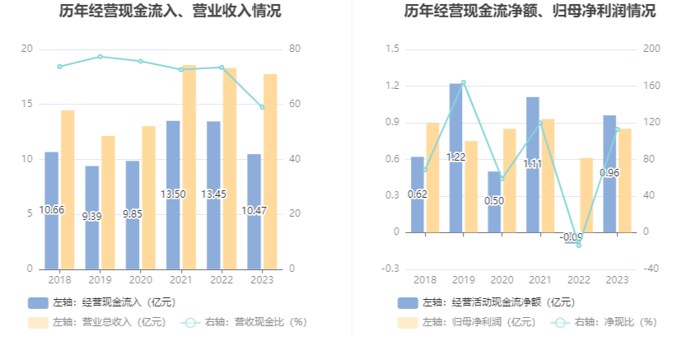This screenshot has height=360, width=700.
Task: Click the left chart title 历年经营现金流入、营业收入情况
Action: [170, 12]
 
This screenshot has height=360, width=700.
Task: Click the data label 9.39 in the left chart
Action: [92, 217]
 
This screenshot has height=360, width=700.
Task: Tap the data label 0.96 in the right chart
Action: [610, 173]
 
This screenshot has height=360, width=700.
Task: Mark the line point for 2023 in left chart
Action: [263, 107]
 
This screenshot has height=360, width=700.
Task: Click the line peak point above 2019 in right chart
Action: [464, 82]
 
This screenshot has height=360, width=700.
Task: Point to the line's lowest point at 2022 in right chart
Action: [579, 245]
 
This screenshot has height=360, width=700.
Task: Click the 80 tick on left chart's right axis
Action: [296, 49]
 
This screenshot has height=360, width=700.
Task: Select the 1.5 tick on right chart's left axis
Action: [392, 49]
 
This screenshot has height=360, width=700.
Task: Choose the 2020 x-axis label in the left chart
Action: [141, 280]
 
